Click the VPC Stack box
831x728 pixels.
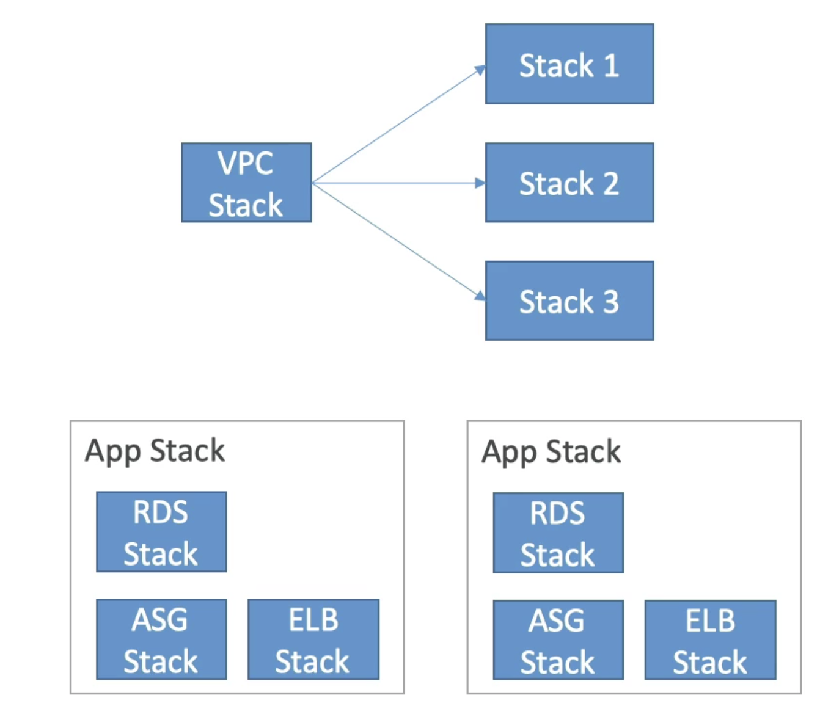[x=246, y=183]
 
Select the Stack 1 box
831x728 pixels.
[x=569, y=64]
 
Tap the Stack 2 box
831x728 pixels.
[x=569, y=183]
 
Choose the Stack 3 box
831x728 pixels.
[x=569, y=300]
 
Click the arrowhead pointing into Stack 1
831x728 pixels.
[x=480, y=70]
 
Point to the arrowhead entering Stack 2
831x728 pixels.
[x=480, y=183]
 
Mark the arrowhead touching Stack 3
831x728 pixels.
[x=480, y=295]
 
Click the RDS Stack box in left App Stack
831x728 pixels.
[x=161, y=532]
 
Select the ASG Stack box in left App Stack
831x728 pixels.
[x=161, y=639]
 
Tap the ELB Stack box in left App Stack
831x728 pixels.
[x=313, y=639]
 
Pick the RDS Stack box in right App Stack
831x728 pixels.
[x=558, y=533]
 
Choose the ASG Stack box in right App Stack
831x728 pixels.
[x=558, y=640]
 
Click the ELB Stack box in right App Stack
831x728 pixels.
[x=710, y=640]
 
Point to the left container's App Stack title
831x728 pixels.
[x=155, y=451]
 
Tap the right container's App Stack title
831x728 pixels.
[x=551, y=452]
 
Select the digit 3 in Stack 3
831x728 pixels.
[x=610, y=302]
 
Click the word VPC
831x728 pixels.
[x=245, y=163]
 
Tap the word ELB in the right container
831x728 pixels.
[x=710, y=620]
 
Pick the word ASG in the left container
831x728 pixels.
[x=159, y=619]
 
